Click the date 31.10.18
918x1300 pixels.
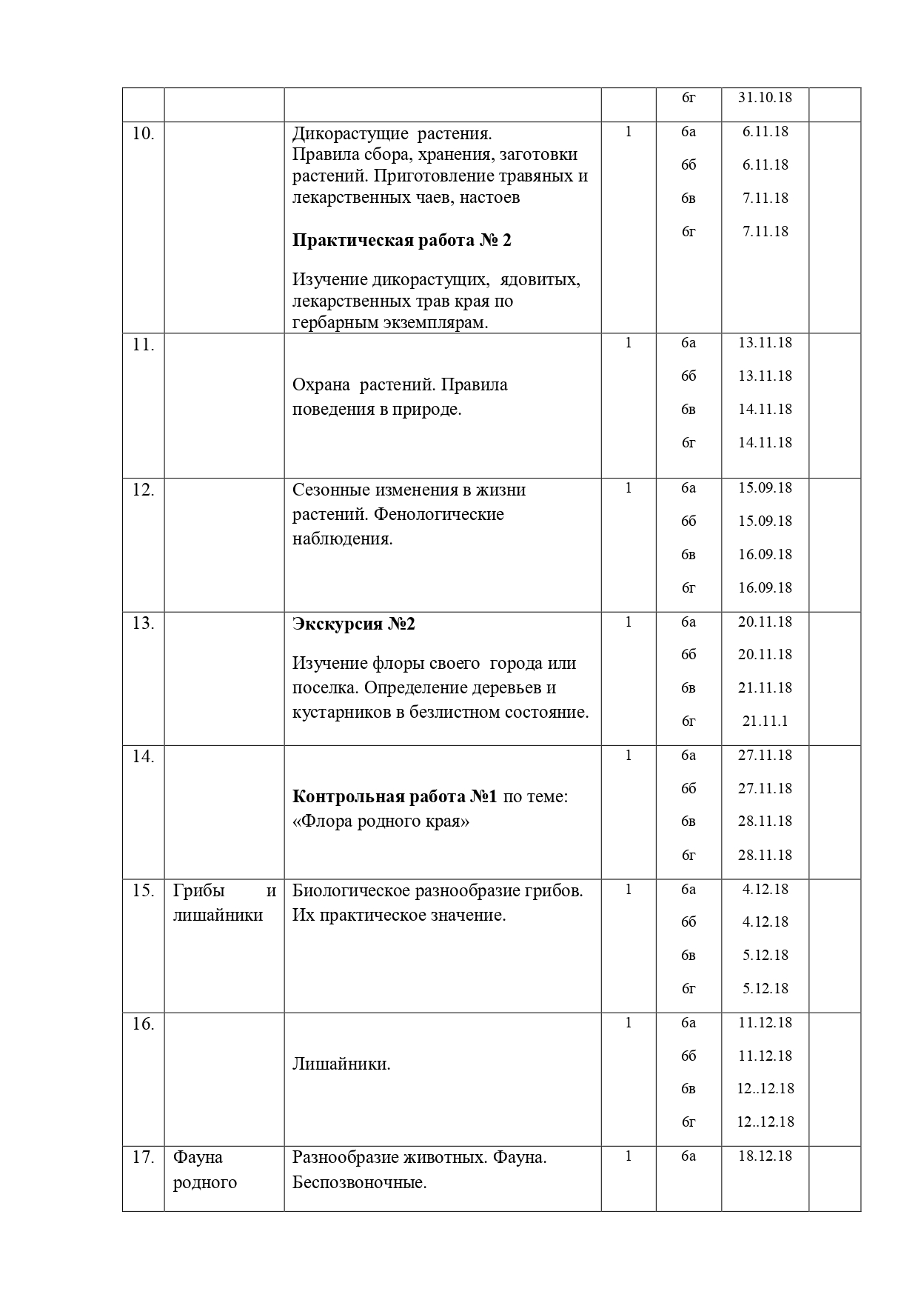(765, 98)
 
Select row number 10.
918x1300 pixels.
(143, 134)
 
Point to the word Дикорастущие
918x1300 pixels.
(350, 133)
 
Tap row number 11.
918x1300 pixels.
(143, 345)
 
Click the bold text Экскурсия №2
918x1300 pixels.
(354, 624)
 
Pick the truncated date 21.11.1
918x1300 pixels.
(765, 721)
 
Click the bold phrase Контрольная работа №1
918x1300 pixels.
(395, 796)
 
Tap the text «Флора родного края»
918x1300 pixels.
(381, 821)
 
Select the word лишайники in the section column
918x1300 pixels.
(218, 915)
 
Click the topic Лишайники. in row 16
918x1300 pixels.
(341, 1064)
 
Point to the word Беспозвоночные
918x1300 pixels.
(359, 1182)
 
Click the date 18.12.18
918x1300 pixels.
(765, 1156)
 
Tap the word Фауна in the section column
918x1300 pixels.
(198, 1157)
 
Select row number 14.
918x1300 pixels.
(143, 757)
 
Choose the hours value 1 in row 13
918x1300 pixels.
(629, 622)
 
